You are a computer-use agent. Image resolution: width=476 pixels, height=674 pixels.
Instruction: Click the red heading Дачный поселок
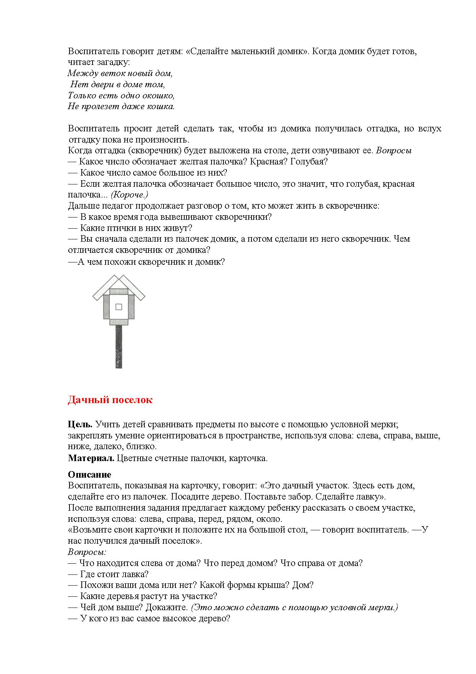110,400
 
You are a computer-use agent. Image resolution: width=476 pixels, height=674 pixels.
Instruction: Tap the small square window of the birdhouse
119,307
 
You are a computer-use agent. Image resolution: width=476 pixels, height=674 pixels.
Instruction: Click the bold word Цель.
80,425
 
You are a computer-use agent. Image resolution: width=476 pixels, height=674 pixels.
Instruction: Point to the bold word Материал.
91,458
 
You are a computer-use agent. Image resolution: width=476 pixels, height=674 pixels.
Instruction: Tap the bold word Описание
89,475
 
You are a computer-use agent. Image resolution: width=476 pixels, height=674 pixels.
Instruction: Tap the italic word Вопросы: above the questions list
87,552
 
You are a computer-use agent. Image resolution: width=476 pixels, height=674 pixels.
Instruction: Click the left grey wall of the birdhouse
107,307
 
